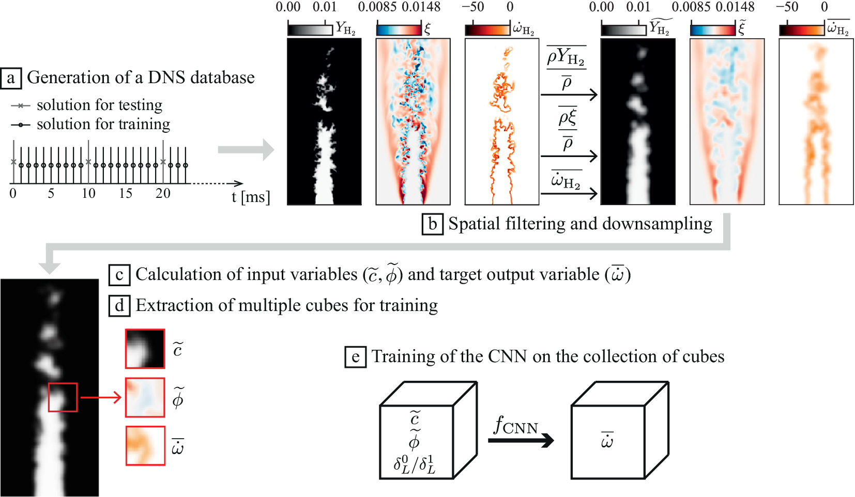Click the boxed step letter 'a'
tap(11, 78)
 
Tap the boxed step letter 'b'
tap(433, 224)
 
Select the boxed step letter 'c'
tap(119, 275)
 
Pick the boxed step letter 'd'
tap(119, 306)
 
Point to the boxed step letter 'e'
tap(355, 357)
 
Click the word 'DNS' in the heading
tap(166, 77)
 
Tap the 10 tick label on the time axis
tap(88, 193)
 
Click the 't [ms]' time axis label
tap(250, 197)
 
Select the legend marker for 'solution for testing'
tap(21, 105)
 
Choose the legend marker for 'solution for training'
tap(21, 125)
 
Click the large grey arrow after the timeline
tap(246, 150)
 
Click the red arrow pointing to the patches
tap(100, 398)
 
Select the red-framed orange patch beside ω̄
tap(145, 445)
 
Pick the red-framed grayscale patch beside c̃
tap(145, 349)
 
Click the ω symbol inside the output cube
tap(607, 441)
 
